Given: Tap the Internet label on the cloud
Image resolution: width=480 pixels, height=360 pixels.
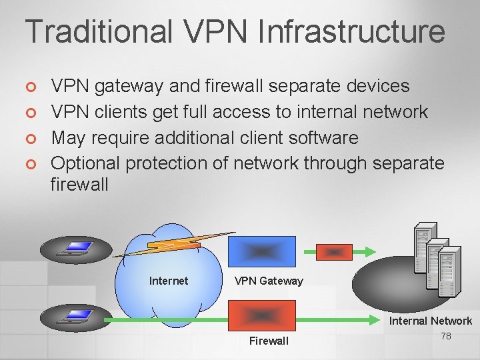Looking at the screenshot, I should coord(169,281).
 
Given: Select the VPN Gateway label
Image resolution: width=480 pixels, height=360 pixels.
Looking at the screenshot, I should coord(269,281).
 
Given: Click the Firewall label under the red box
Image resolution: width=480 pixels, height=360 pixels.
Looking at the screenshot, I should coord(269,341).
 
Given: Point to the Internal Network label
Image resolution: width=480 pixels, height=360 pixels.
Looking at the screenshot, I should coord(431,321).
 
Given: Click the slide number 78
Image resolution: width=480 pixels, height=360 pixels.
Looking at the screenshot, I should coord(446,336).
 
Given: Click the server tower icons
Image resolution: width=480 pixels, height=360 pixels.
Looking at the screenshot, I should coord(437,251).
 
